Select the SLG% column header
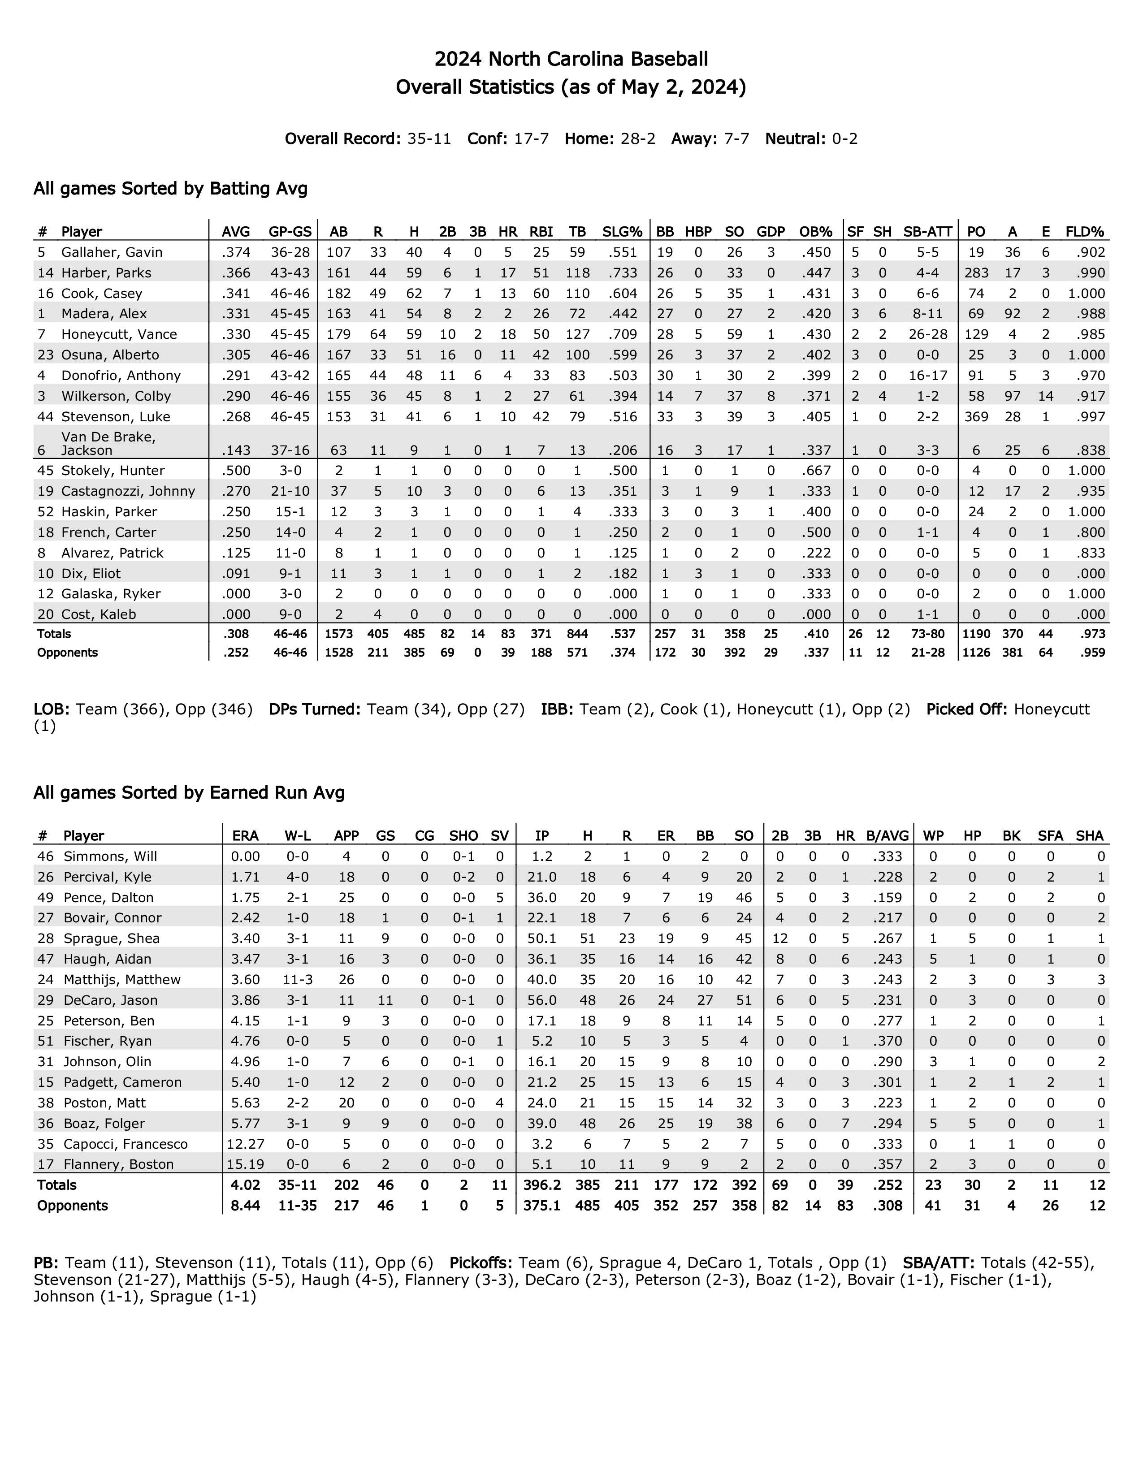coord(622,232)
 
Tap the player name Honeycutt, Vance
coord(119,334)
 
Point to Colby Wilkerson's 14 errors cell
coord(1045,396)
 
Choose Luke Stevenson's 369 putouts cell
coord(976,416)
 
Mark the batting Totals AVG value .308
coord(236,634)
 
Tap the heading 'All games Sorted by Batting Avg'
coord(171,188)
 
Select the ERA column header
coord(245,836)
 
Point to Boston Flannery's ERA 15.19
coord(245,1164)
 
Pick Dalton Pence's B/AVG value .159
coord(888,897)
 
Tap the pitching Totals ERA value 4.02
coord(245,1185)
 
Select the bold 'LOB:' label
coord(52,709)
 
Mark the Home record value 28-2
coord(638,139)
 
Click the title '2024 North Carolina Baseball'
coord(571,60)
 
